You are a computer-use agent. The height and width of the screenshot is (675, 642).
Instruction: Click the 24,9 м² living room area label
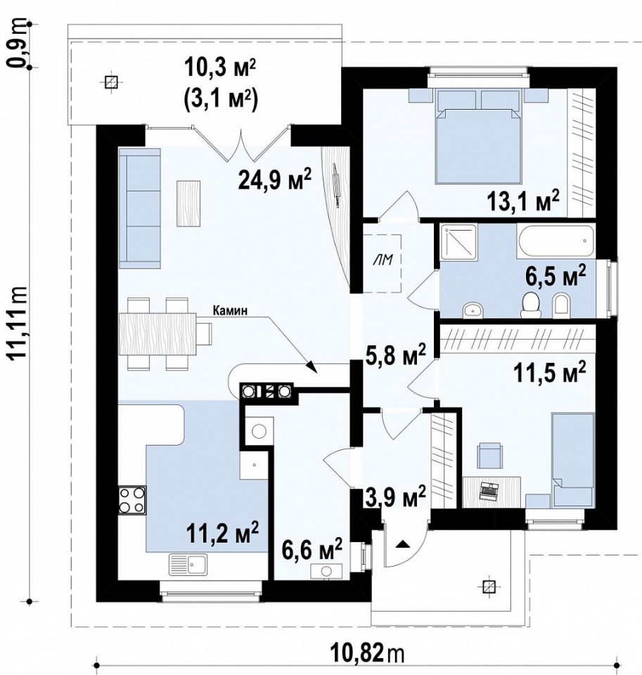275,180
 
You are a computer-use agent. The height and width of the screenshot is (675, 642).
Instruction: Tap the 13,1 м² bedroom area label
523,201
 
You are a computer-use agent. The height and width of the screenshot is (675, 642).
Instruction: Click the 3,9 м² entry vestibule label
395,497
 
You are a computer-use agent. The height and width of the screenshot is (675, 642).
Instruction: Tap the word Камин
231,311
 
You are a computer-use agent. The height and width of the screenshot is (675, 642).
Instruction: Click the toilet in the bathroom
530,304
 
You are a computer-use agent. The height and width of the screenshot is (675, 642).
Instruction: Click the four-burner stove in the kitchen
131,499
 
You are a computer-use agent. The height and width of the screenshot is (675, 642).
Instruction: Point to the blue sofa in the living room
140,208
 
